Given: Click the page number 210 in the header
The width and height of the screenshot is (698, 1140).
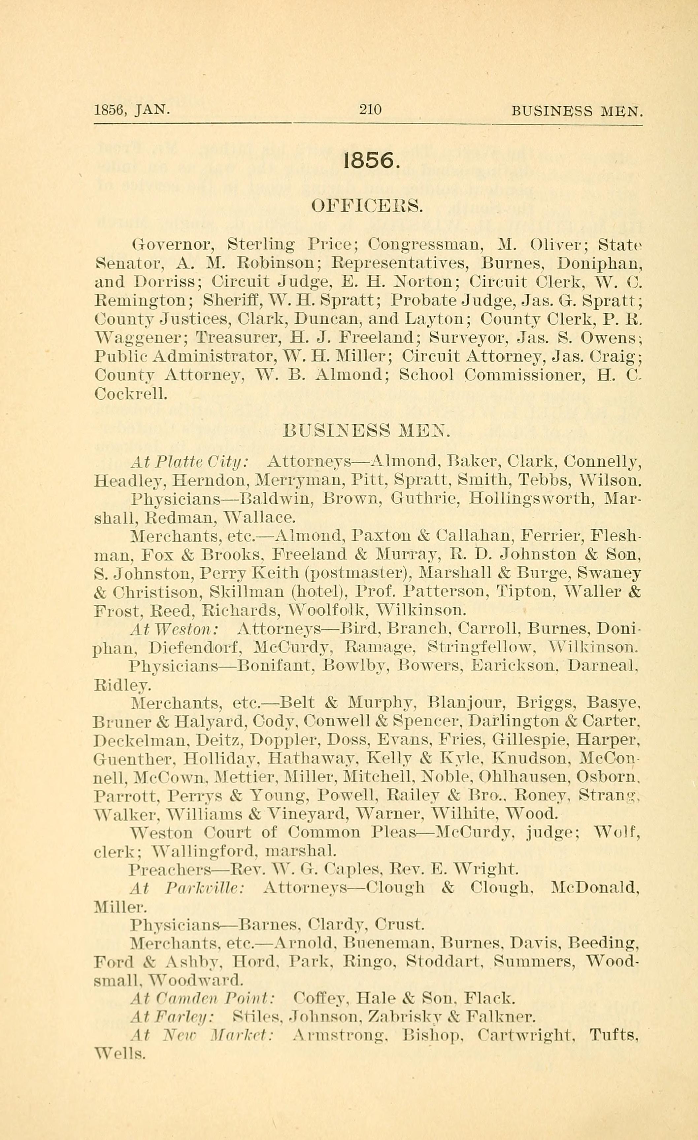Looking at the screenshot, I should [x=370, y=110].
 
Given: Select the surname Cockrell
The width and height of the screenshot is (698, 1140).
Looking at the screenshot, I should [x=130, y=394].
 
